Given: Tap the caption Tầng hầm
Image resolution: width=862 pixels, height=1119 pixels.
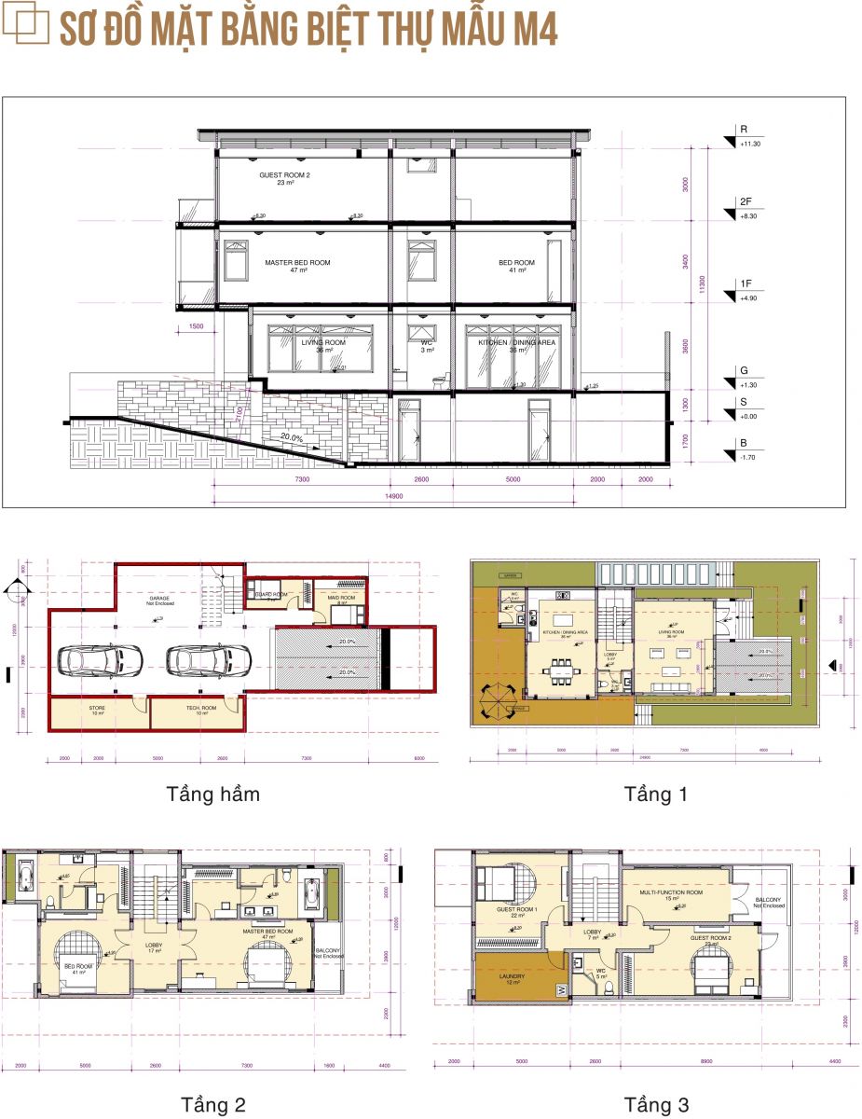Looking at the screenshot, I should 212,794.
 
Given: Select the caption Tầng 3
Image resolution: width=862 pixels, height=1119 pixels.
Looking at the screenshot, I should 656,1105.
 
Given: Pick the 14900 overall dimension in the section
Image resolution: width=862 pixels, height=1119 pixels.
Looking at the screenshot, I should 394,497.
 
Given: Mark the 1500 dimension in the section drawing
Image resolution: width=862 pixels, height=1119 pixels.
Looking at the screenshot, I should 196,327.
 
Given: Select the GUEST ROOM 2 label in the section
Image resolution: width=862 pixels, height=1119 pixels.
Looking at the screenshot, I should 284,178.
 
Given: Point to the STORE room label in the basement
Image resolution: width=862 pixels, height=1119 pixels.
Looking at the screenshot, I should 97,710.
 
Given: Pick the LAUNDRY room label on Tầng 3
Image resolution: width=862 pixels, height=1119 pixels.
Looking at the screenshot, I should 502,979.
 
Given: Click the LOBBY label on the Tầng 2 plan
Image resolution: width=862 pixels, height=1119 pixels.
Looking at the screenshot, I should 154,946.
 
